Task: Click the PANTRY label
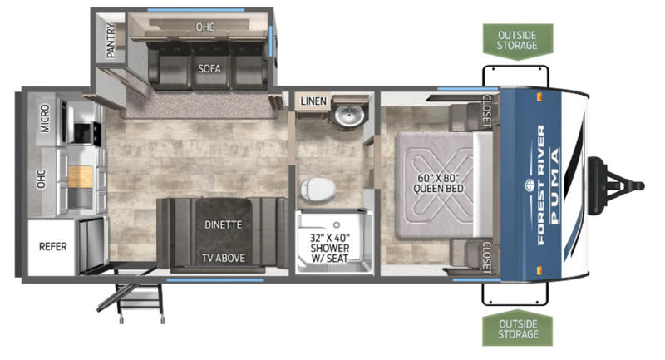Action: click(x=111, y=40)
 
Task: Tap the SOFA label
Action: click(x=209, y=68)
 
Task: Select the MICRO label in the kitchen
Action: click(x=45, y=119)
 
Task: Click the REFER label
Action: click(x=53, y=246)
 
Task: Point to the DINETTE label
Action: click(x=223, y=224)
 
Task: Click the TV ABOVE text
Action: click(x=223, y=258)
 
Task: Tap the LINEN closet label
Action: click(x=313, y=101)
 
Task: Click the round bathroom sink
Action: click(x=349, y=115)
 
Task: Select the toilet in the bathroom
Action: click(x=318, y=189)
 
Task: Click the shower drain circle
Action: click(x=337, y=224)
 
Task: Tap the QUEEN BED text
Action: click(x=438, y=189)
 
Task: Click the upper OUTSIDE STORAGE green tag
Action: click(x=517, y=41)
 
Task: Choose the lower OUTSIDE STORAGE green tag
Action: click(x=517, y=329)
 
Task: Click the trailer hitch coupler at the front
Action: click(x=616, y=185)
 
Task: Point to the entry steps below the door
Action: click(x=135, y=297)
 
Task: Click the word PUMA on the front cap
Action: click(x=554, y=185)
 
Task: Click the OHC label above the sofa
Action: click(x=204, y=27)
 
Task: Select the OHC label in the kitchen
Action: click(x=41, y=179)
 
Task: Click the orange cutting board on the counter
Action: click(x=80, y=177)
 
